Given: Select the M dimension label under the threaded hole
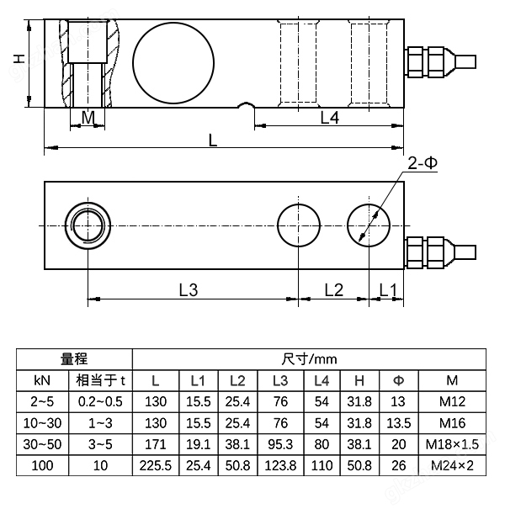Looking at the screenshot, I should click(88, 118).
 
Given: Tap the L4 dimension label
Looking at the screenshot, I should click(330, 119).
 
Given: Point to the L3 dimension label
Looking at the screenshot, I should click(189, 290).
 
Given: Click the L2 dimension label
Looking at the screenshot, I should click(334, 290).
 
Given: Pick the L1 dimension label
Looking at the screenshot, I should click(387, 290).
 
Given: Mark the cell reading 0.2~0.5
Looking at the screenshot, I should click(100, 401).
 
